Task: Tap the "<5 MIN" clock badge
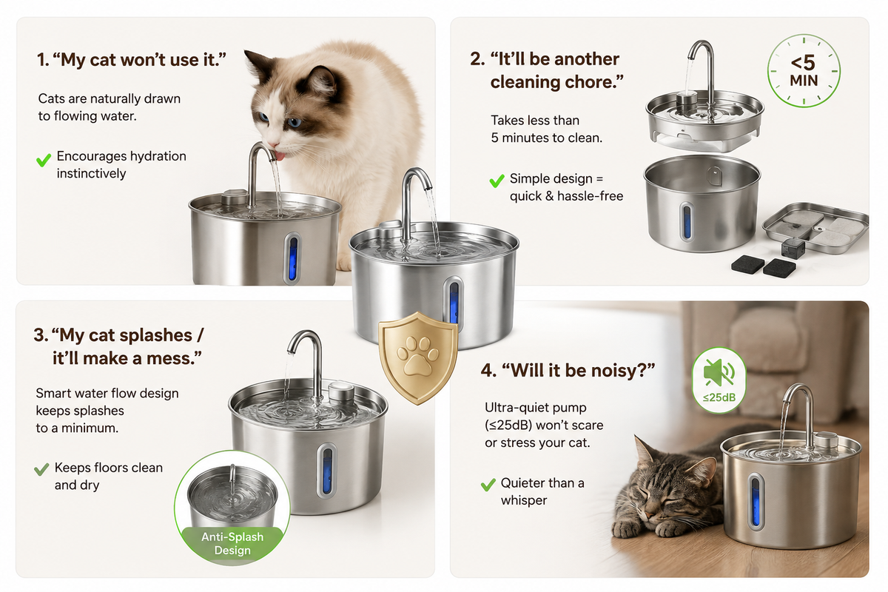click(x=804, y=71)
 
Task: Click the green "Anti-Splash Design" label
click(x=232, y=544)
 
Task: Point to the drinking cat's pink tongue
click(x=280, y=157)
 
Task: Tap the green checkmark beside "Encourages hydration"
click(x=44, y=160)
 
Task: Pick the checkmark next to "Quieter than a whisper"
click(x=488, y=484)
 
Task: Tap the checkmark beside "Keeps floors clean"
click(x=41, y=469)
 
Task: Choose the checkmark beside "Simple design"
click(x=497, y=181)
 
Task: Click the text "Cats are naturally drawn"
click(x=109, y=98)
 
